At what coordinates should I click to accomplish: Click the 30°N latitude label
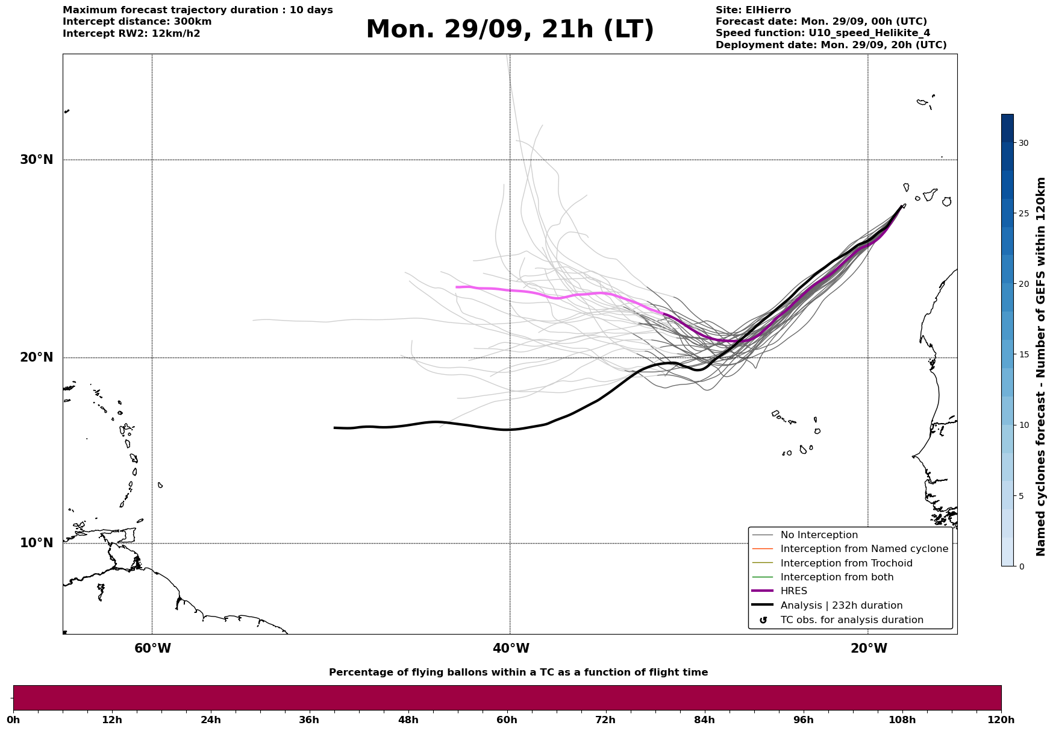coord(37,160)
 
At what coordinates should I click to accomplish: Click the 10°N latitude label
coord(37,543)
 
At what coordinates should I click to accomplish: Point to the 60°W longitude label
coord(152,648)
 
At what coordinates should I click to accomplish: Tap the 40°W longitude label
coord(511,648)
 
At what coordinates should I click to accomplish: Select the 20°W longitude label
coord(869,648)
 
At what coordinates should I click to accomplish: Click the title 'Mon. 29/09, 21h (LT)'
coord(510,30)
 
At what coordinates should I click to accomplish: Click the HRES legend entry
coord(793,591)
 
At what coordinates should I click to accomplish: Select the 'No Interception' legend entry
coord(819,535)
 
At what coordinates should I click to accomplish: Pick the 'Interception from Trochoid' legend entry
coord(846,563)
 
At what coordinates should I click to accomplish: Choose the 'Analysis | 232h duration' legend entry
coord(841,606)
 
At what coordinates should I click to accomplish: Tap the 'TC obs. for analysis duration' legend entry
coord(851,620)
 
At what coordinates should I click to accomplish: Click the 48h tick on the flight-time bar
coord(408,720)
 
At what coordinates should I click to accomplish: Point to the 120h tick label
coord(1001,720)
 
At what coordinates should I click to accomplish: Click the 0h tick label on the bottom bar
coord(13,720)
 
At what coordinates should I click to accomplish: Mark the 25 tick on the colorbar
coord(1023,213)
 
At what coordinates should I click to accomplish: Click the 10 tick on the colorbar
coord(1023,425)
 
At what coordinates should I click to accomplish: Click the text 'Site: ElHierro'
coord(753,10)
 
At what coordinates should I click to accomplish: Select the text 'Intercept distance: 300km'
coord(137,22)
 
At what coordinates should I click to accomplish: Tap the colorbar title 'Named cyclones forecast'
coord(1041,366)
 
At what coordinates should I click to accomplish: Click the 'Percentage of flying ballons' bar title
coord(518,673)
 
